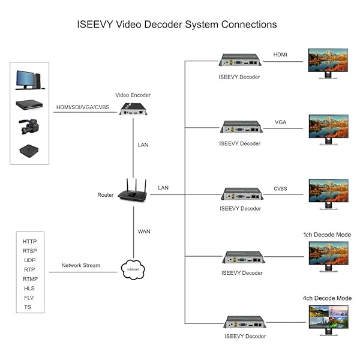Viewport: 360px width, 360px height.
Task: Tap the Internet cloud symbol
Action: [x=133, y=269]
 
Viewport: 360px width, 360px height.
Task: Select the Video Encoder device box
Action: [x=133, y=109]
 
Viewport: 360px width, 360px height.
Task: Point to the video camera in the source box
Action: [x=28, y=127]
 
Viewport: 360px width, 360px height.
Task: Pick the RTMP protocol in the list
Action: [x=29, y=279]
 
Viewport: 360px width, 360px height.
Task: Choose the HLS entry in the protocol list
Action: [x=29, y=288]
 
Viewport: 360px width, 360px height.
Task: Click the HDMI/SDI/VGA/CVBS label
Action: [x=83, y=107]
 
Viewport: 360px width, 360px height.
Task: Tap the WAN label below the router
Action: [x=145, y=230]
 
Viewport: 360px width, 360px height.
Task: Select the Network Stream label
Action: [x=81, y=265]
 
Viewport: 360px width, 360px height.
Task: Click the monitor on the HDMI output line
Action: [x=328, y=62]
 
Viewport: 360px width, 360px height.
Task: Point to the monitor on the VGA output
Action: [x=328, y=128]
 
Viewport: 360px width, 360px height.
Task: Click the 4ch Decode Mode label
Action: [x=327, y=298]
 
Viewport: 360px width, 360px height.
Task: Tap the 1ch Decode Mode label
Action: [x=327, y=235]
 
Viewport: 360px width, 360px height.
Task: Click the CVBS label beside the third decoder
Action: [x=280, y=189]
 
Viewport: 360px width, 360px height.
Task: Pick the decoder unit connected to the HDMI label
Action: [x=239, y=60]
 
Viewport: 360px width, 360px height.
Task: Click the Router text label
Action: [x=105, y=195]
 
